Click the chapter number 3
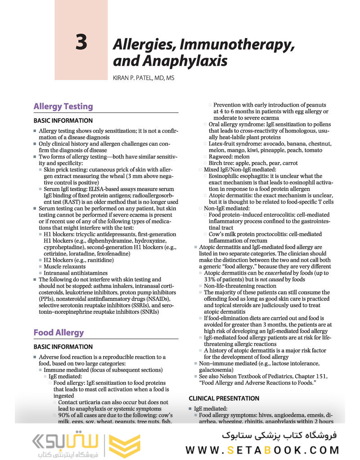point(81,42)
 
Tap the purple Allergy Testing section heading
point(63,107)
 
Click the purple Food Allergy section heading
point(58,333)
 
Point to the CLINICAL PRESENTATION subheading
point(224,398)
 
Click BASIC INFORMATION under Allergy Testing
point(63,121)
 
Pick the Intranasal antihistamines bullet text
point(75,273)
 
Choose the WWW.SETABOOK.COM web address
point(263,450)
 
